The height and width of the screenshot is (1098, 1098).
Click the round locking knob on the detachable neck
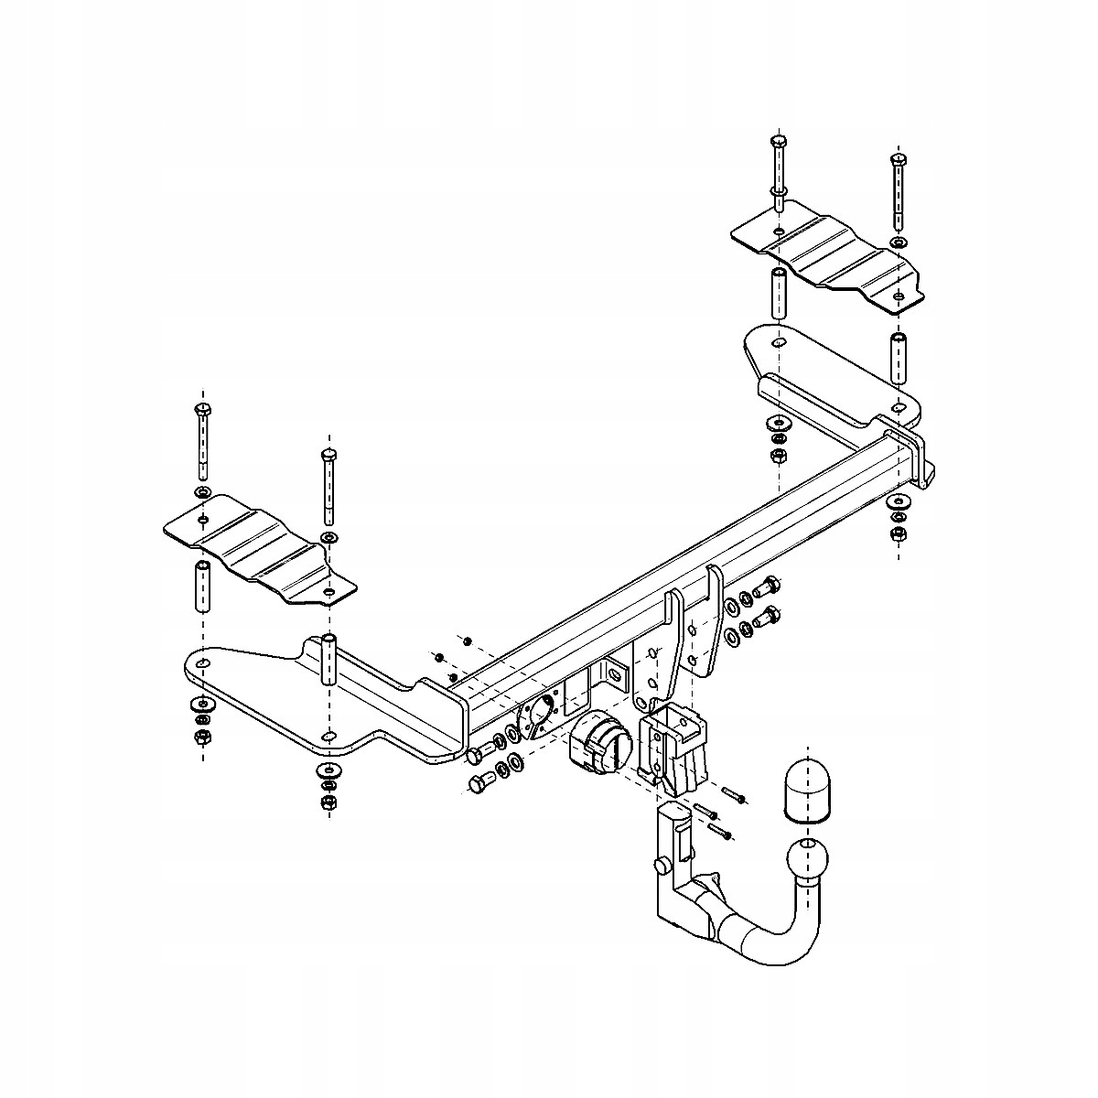tap(658, 866)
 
